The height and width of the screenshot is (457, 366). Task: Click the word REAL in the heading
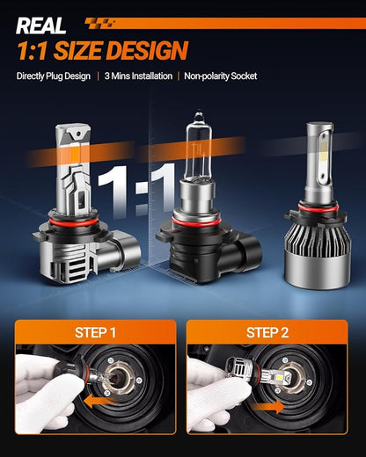tap(40, 25)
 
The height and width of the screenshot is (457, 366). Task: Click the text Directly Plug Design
tap(54, 76)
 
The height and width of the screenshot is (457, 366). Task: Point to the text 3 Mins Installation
tap(138, 76)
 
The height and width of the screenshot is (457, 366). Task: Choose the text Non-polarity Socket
tap(221, 76)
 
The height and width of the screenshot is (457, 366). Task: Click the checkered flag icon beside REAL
tap(99, 23)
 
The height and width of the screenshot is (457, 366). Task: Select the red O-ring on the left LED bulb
tap(72, 223)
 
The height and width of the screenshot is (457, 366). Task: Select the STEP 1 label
tap(95, 332)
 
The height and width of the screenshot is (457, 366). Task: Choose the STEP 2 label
tap(267, 332)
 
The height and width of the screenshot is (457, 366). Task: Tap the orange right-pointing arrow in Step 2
tap(268, 407)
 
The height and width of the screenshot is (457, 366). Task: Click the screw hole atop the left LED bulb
tap(78, 134)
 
